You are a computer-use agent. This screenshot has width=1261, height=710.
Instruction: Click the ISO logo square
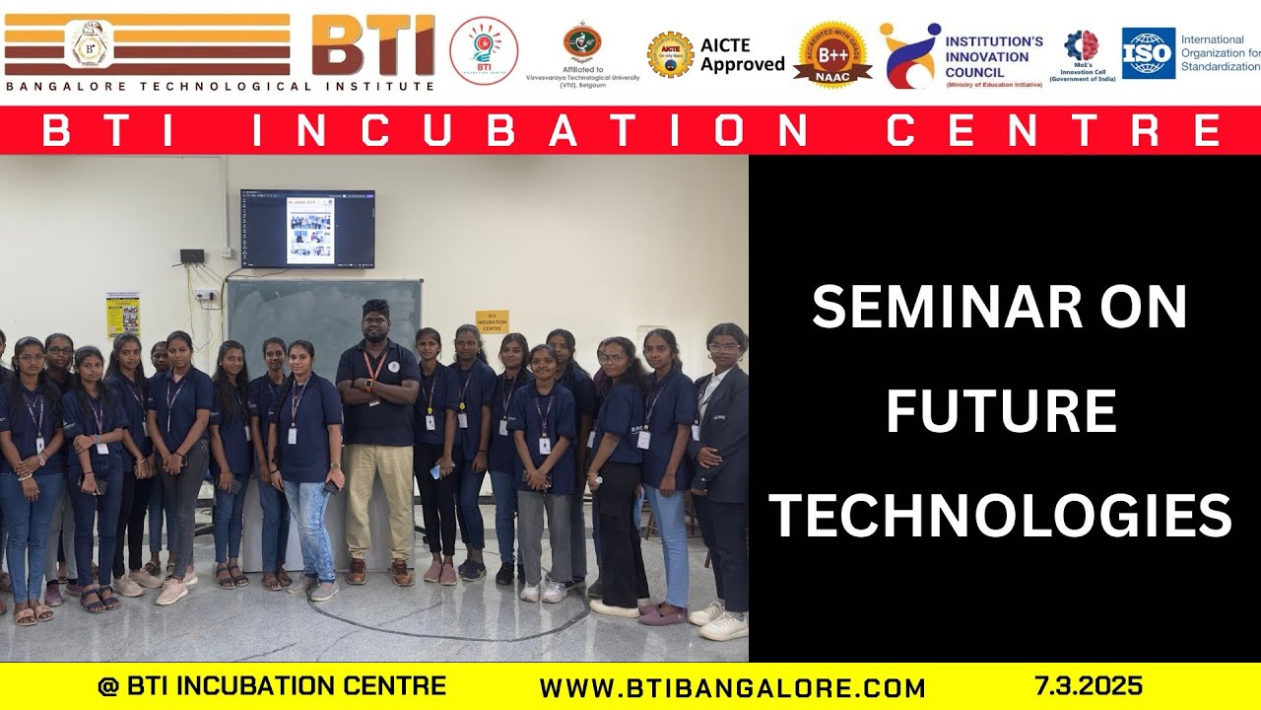pyautogui.click(x=1149, y=52)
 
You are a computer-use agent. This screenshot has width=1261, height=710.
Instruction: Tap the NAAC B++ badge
pyautogui.click(x=831, y=53)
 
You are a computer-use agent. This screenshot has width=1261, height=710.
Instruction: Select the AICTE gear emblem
pyautogui.click(x=670, y=54)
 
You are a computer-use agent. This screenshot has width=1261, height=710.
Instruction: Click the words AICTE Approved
pyautogui.click(x=742, y=55)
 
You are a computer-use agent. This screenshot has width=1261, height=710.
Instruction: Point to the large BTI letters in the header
pyautogui.click(x=372, y=46)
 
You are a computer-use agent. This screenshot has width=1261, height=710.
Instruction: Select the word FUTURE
pyautogui.click(x=1001, y=412)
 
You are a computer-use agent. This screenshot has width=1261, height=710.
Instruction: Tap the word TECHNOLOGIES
pyautogui.click(x=1001, y=517)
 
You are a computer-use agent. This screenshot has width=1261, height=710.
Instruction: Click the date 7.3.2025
pyautogui.click(x=1088, y=685)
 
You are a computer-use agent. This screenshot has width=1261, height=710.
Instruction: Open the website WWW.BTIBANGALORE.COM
pyautogui.click(x=732, y=687)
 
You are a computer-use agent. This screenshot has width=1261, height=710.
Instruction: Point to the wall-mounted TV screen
pyautogui.click(x=307, y=229)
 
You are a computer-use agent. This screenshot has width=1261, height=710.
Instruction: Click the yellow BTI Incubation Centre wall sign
pyautogui.click(x=492, y=321)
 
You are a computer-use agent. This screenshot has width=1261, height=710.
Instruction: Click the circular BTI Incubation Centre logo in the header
pyautogui.click(x=484, y=50)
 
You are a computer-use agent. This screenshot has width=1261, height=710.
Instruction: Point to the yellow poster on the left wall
pyautogui.click(x=123, y=314)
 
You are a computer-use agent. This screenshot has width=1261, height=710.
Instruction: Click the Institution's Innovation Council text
pyautogui.click(x=993, y=56)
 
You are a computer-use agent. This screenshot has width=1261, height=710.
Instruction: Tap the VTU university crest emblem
pyautogui.click(x=581, y=43)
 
